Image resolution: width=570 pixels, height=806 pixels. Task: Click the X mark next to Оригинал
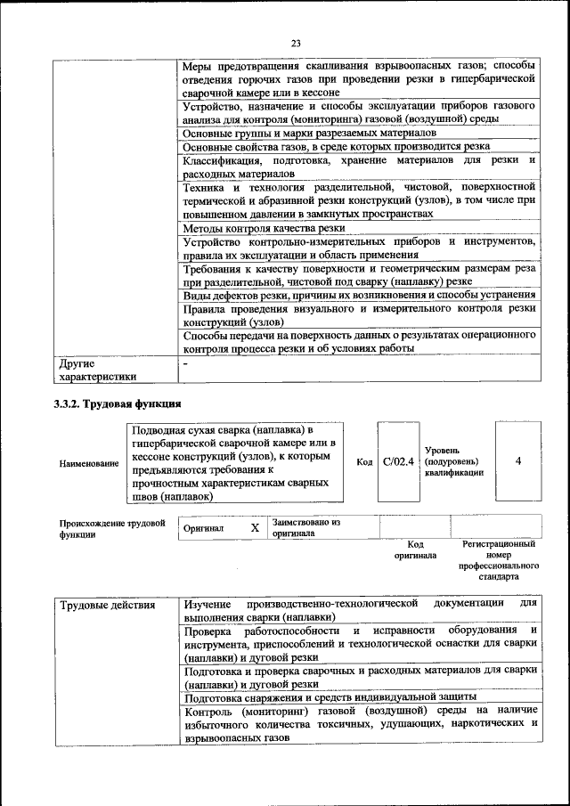point(255,528)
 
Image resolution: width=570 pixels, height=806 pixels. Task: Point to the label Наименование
point(88,464)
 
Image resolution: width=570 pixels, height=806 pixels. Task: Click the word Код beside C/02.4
point(364,462)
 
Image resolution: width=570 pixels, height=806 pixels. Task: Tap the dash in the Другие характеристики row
point(185,364)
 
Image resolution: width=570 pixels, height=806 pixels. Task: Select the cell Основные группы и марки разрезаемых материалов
point(309,133)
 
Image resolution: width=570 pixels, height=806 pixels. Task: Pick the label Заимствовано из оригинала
point(306,527)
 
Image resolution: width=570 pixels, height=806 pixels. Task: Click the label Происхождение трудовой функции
point(111,529)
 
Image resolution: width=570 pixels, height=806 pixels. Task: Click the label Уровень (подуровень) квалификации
point(453,461)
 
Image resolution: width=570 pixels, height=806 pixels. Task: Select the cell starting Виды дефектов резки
point(358,295)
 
